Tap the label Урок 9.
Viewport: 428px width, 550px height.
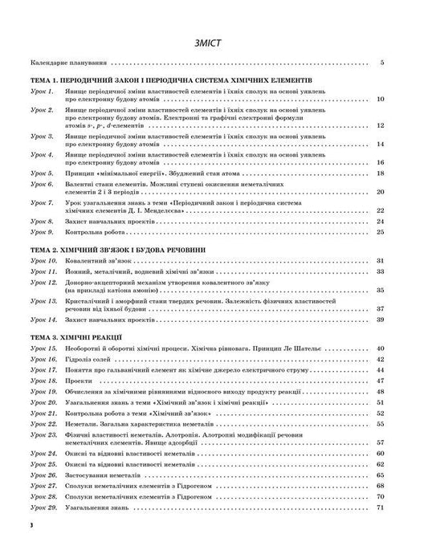(42, 232)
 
